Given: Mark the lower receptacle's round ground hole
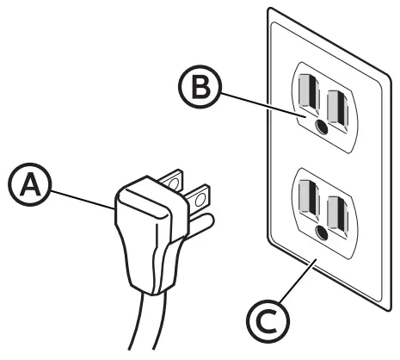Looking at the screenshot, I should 320,231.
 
